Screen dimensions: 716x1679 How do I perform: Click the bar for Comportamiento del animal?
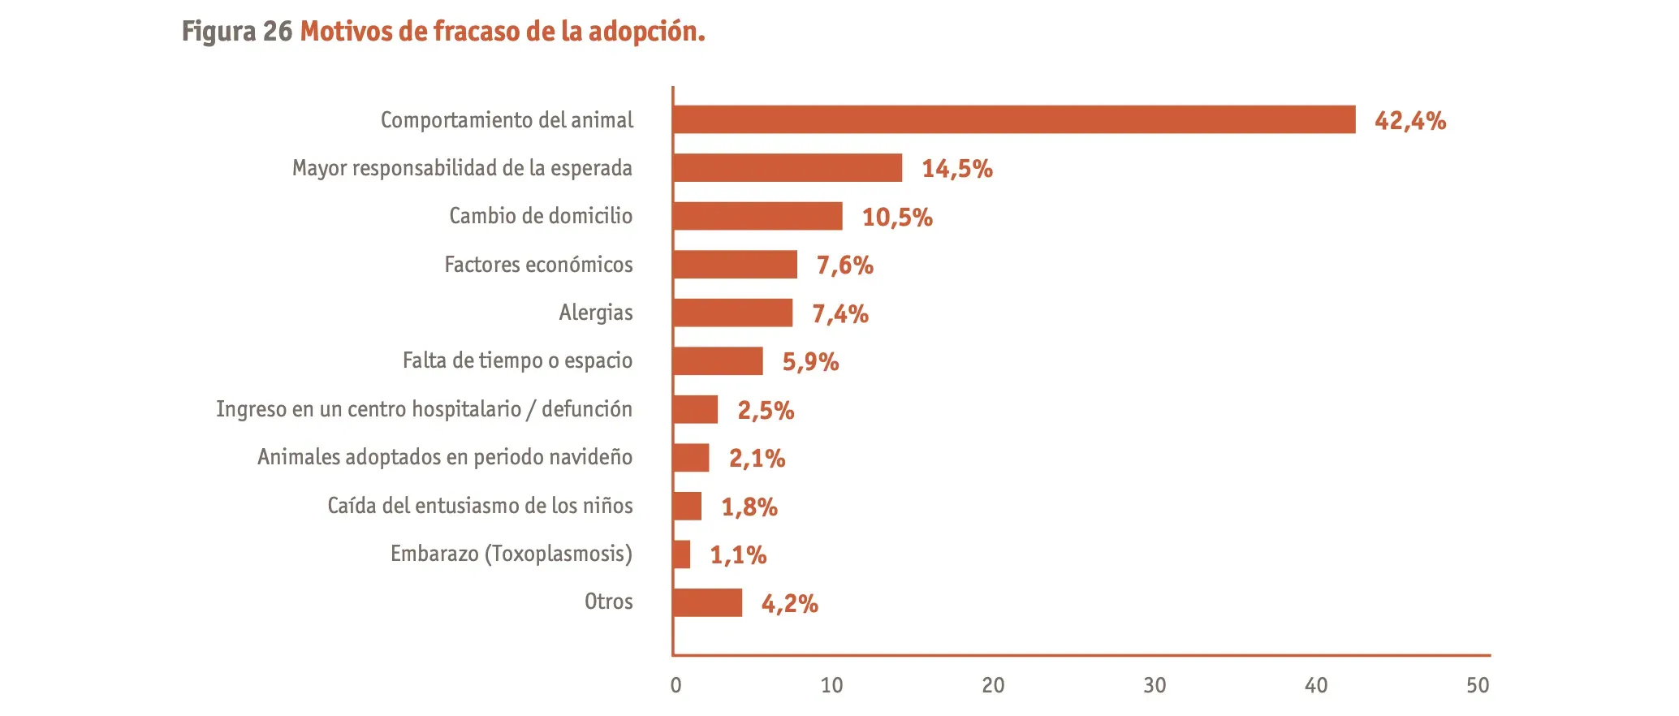(x=1014, y=119)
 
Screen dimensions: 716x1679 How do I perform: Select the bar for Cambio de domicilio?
(x=757, y=216)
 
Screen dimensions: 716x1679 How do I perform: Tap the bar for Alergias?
(x=732, y=313)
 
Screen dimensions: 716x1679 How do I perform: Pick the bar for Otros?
(x=707, y=602)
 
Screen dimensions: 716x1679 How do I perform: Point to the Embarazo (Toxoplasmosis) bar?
(x=682, y=554)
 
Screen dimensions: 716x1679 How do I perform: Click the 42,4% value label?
(x=1410, y=121)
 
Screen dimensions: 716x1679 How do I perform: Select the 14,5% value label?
(x=957, y=169)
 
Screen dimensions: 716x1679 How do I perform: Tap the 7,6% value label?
(x=844, y=265)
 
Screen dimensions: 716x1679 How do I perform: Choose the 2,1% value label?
(x=757, y=459)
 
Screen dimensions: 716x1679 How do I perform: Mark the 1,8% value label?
(x=749, y=507)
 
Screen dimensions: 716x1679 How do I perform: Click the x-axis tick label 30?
(x=1155, y=686)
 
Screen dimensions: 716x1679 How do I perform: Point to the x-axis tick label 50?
(x=1478, y=686)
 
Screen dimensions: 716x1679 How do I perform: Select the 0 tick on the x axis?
(x=675, y=686)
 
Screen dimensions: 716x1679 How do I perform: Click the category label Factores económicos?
(x=538, y=265)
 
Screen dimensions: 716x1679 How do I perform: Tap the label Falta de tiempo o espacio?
(x=517, y=360)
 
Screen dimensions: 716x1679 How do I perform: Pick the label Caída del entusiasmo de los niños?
(x=480, y=506)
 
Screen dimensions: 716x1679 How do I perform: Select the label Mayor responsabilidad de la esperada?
(x=462, y=168)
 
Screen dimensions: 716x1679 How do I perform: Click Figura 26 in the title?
(x=236, y=32)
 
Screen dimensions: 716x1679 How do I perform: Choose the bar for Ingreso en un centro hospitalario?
(x=696, y=409)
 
